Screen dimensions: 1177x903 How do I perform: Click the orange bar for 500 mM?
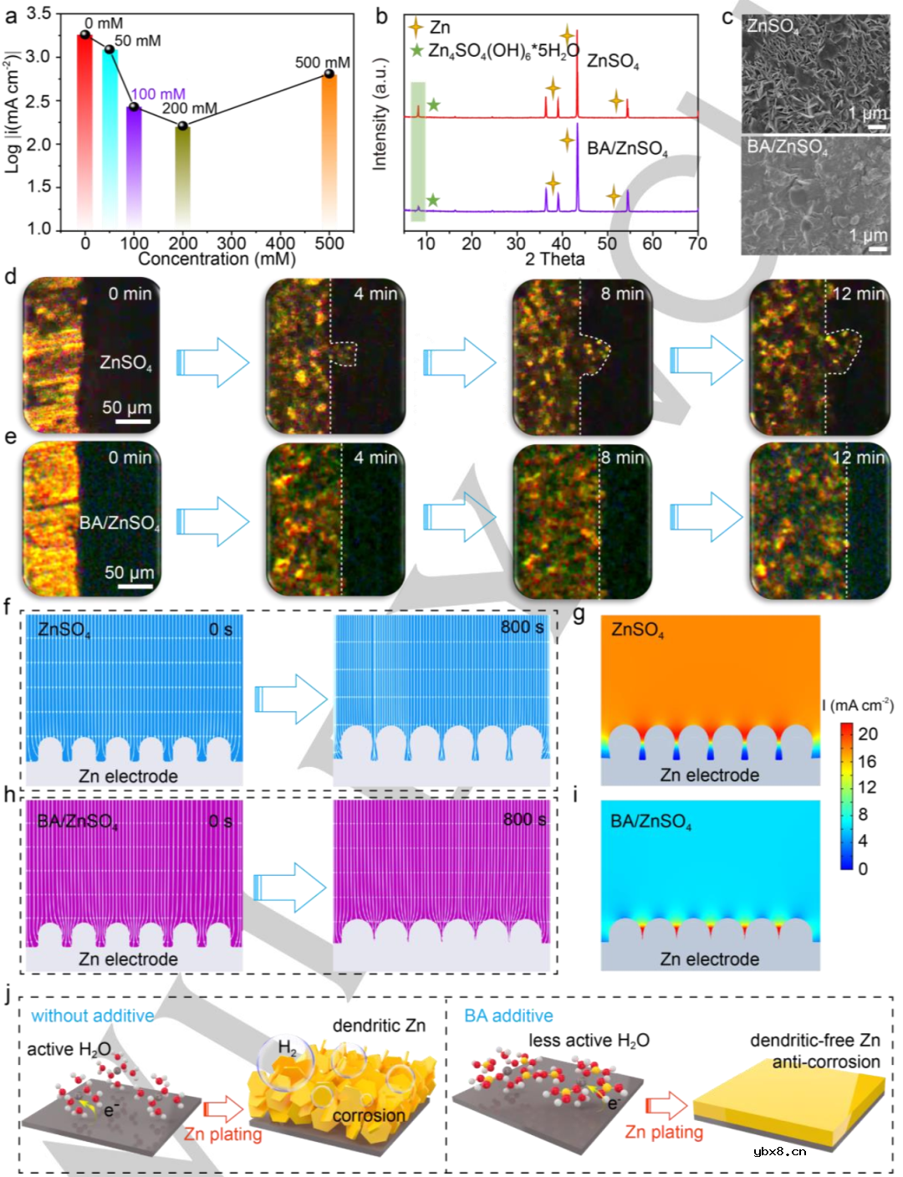click(329, 151)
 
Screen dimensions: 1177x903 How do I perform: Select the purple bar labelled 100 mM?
click(134, 166)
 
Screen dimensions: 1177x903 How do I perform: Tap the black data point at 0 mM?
click(84, 34)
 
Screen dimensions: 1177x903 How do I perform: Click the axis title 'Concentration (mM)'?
click(217, 259)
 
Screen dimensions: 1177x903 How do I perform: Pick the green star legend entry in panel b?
click(416, 51)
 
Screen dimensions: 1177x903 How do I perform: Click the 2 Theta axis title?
click(554, 259)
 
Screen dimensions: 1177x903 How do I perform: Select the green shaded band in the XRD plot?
click(418, 151)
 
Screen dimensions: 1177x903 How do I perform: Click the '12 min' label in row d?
click(858, 294)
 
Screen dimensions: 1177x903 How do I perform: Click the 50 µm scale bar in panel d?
click(132, 422)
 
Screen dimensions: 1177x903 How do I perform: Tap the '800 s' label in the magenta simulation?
click(524, 819)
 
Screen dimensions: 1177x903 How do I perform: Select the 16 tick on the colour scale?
click(867, 761)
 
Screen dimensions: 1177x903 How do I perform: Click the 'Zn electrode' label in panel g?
click(709, 775)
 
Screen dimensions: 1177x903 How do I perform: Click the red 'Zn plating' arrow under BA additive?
click(666, 1108)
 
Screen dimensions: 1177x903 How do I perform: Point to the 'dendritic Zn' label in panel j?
click(379, 1026)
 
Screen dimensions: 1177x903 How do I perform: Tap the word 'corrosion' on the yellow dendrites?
click(368, 1115)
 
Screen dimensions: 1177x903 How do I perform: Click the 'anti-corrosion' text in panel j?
click(825, 1062)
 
